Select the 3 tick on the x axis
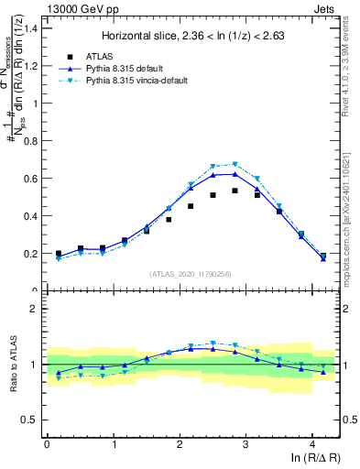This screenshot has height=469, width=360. tap(245, 444)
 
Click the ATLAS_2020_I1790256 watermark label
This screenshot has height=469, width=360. tap(192, 273)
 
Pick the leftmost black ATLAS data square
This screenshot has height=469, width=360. tap(59, 254)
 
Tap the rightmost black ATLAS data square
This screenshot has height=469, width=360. tap(323, 256)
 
